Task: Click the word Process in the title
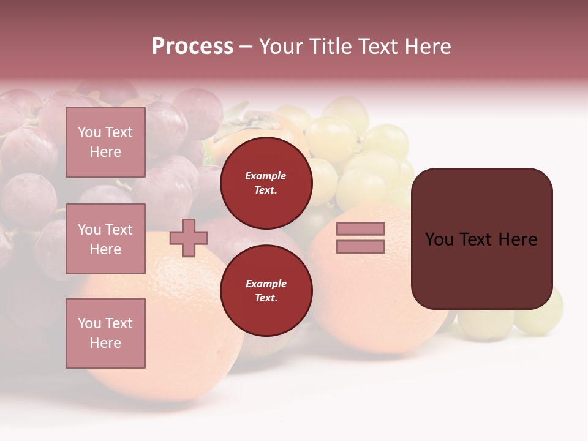[x=192, y=47]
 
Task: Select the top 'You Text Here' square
[x=105, y=142]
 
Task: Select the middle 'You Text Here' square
[x=105, y=239]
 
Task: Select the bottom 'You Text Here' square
[x=105, y=333]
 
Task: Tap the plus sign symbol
[x=189, y=238]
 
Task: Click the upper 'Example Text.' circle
[x=266, y=183]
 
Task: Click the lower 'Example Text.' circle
[x=266, y=291]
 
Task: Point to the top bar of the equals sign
[x=360, y=228]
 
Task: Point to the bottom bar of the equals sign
[x=360, y=247]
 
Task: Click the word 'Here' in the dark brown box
[x=518, y=239]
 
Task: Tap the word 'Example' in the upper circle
[x=266, y=176]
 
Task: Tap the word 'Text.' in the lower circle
[x=266, y=298]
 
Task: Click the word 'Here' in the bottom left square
[x=105, y=343]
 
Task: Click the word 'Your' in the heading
[x=279, y=47]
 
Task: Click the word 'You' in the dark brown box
[x=439, y=239]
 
